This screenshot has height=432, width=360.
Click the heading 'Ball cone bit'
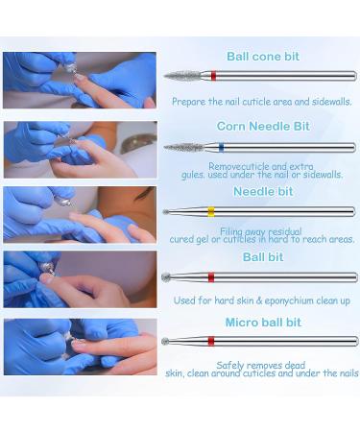coord(263,57)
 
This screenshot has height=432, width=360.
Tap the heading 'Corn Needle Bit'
coord(263,126)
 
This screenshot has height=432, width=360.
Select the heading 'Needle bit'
coord(263,192)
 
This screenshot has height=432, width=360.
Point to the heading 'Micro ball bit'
coord(263,323)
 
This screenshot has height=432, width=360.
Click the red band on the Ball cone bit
coord(213,76)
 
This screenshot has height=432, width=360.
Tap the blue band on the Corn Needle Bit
coord(221,148)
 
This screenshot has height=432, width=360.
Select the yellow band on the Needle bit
coord(211,211)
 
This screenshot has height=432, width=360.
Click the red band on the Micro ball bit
coord(211,341)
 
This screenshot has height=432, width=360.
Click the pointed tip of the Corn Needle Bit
coord(164,148)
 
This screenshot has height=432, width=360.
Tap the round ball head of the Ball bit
coord(166,276)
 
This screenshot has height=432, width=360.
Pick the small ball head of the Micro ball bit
coord(165,342)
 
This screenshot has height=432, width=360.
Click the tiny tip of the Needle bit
coord(165,212)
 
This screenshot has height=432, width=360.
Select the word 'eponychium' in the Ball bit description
coord(289,300)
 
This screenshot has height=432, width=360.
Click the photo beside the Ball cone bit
coord(80,80)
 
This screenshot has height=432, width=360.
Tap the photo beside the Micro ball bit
coord(81,347)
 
